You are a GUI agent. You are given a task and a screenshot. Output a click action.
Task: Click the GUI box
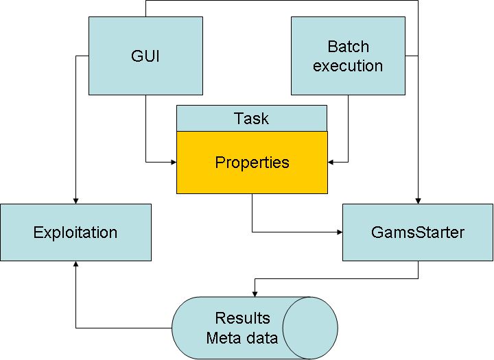145,56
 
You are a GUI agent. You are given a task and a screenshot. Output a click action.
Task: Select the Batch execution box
348,56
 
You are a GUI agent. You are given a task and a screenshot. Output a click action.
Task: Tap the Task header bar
252,118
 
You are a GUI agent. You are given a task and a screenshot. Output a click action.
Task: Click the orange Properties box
252,163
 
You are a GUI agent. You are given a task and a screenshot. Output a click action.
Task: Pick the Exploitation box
75,232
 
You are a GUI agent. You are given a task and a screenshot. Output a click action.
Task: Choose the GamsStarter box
417,232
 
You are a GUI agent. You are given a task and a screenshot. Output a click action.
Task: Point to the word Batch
348,47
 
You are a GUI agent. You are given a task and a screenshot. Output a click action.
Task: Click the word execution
348,66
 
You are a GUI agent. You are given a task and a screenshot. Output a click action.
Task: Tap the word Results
242,318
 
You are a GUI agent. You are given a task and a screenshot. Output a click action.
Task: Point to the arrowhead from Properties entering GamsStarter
339,232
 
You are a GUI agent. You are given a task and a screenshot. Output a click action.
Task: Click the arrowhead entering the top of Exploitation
75,200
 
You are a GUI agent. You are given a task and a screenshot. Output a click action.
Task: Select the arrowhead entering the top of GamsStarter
418,200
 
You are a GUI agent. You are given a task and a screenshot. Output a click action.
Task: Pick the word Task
252,118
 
